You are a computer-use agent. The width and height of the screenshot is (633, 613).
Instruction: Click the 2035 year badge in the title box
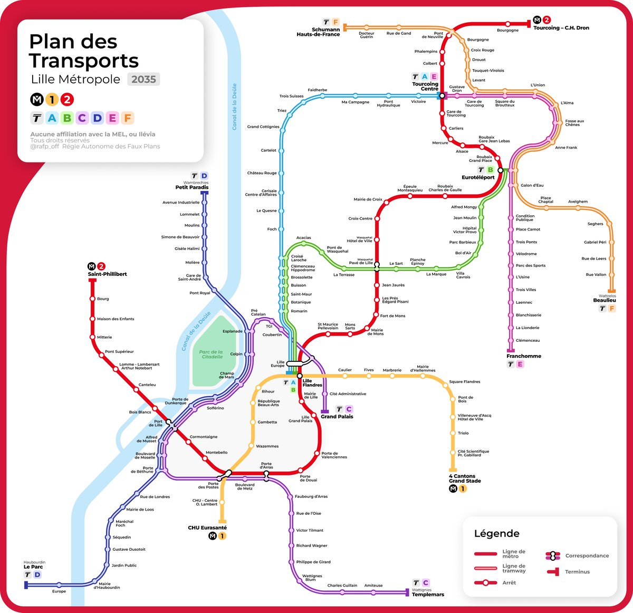(x=143, y=79)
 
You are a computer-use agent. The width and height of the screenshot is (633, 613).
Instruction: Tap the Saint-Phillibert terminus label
(x=108, y=274)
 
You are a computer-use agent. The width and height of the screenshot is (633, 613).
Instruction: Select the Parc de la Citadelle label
(x=211, y=354)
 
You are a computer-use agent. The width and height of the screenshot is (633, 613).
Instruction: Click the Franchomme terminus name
(x=524, y=356)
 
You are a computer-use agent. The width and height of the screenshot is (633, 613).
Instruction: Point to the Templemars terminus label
(x=428, y=595)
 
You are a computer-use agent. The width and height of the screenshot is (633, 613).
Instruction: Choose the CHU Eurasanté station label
(x=207, y=528)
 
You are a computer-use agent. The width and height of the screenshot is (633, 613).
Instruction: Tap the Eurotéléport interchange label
(x=478, y=177)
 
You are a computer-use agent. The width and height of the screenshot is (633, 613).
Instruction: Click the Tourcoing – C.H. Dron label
(x=561, y=28)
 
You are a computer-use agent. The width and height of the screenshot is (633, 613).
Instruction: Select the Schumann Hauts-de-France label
(x=318, y=32)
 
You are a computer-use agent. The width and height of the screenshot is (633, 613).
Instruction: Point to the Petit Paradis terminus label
(x=192, y=187)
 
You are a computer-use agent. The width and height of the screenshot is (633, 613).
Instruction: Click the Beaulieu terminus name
(x=605, y=300)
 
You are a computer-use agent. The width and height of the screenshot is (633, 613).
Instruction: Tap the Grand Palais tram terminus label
(x=337, y=417)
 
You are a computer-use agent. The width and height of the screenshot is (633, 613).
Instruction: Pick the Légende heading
(x=496, y=533)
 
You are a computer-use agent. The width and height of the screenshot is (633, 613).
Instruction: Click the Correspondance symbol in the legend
(x=553, y=555)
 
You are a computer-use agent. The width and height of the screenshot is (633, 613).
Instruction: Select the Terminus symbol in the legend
(x=553, y=572)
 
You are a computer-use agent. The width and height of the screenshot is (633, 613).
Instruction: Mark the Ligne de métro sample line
(x=485, y=554)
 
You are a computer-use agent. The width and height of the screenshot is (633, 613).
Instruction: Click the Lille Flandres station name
(x=312, y=382)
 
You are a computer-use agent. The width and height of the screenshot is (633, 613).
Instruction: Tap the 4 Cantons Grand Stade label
(x=465, y=478)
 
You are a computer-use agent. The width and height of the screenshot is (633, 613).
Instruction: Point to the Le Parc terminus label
(x=33, y=567)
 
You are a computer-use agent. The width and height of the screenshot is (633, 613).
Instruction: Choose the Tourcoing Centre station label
(x=425, y=87)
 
